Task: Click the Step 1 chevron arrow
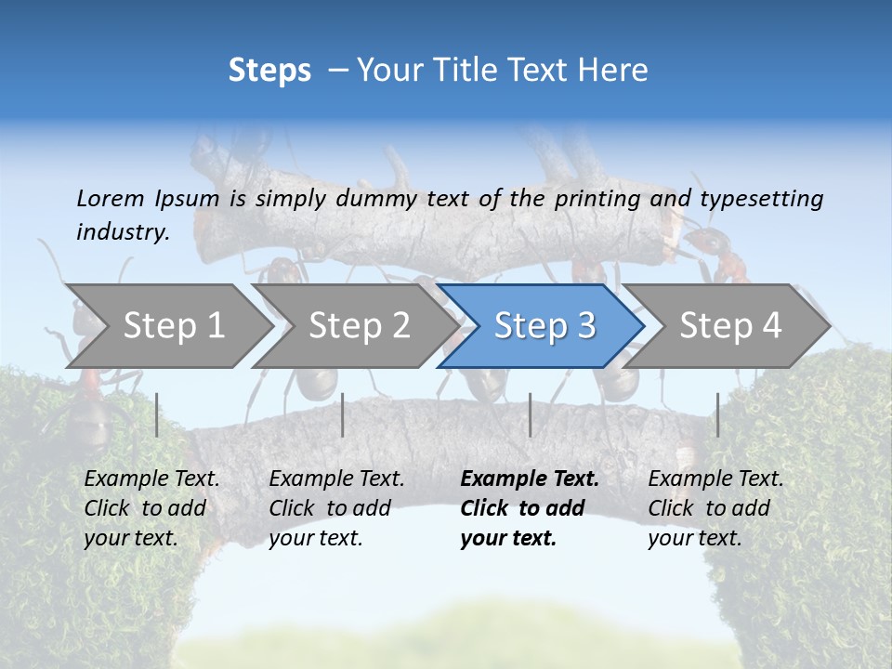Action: click(x=172, y=326)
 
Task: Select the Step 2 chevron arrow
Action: click(x=358, y=326)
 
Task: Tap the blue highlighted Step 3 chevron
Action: click(x=544, y=326)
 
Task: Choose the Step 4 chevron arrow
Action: click(x=729, y=326)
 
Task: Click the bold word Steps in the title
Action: click(x=269, y=71)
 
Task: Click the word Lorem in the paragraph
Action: click(x=110, y=198)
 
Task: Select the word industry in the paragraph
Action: click(x=122, y=231)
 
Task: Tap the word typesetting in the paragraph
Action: click(x=761, y=198)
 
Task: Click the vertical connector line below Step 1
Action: click(x=157, y=414)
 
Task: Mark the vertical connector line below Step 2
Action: click(x=343, y=414)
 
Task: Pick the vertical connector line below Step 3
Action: click(x=530, y=414)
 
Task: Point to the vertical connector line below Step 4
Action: click(x=717, y=414)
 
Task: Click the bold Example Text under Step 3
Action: click(x=530, y=508)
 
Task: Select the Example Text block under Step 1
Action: click(x=151, y=508)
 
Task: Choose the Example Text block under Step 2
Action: click(x=336, y=508)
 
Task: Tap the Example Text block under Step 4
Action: click(x=715, y=508)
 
